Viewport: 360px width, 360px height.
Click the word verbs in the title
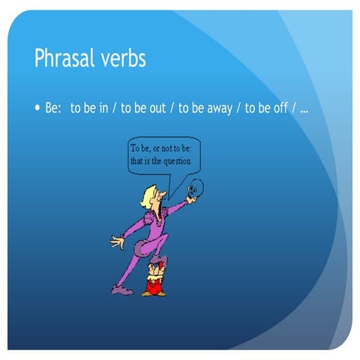click(x=122, y=59)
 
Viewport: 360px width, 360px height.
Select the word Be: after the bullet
click(x=52, y=109)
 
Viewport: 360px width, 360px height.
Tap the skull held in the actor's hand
click(x=193, y=189)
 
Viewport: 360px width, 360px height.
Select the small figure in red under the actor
click(x=155, y=277)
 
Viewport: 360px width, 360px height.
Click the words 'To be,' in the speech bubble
click(x=140, y=148)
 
